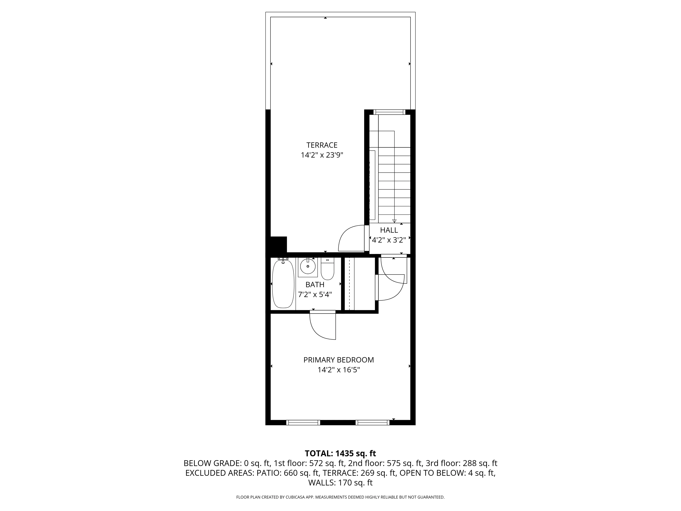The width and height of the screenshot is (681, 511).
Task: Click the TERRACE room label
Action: [322, 145]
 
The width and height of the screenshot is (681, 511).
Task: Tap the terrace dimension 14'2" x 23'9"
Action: [322, 155]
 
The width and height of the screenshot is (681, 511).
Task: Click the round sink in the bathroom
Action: [308, 266]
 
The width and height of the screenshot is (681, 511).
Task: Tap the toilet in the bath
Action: [327, 269]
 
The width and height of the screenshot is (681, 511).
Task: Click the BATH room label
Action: [315, 285]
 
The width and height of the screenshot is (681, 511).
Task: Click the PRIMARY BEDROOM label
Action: [338, 360]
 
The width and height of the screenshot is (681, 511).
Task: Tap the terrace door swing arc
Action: [348, 237]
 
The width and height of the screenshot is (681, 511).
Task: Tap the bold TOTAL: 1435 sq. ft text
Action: [340, 453]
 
